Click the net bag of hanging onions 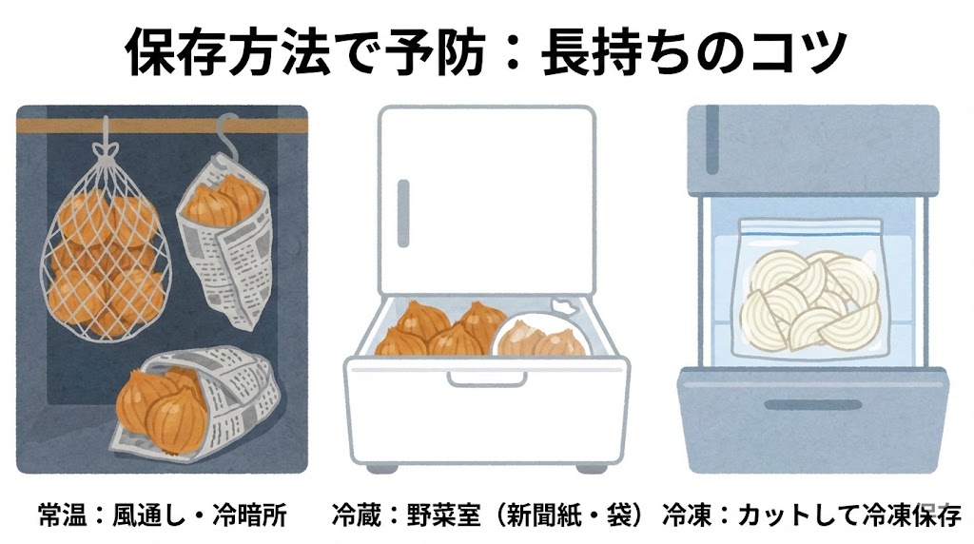[106, 255]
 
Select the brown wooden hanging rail [162, 126]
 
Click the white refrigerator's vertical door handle [403, 213]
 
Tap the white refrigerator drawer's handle [486, 379]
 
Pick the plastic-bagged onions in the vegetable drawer [540, 332]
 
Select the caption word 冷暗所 [250, 515]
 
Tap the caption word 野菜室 [444, 515]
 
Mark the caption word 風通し [149, 515]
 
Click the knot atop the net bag [107, 149]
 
